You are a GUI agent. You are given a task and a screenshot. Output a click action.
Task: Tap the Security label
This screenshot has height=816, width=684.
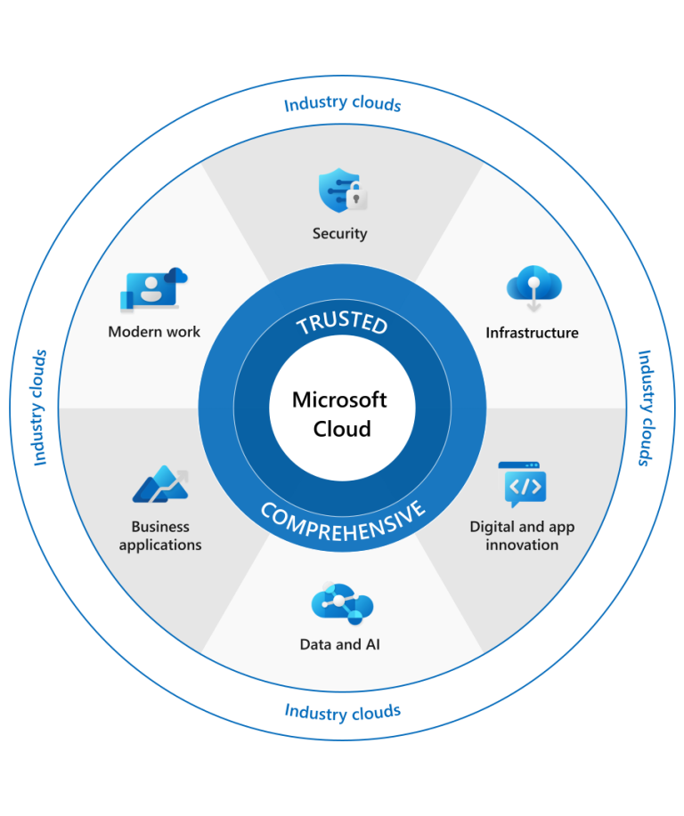click(x=339, y=234)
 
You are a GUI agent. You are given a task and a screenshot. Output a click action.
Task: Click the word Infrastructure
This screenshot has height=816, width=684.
click(x=532, y=333)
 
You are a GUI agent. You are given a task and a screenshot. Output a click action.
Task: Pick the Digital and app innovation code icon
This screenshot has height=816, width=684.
click(x=523, y=484)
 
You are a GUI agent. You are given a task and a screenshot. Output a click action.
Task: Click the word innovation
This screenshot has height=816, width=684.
click(x=522, y=545)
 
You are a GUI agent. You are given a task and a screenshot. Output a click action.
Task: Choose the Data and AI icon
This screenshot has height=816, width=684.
click(x=342, y=606)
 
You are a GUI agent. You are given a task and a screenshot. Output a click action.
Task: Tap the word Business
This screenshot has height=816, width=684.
click(x=160, y=527)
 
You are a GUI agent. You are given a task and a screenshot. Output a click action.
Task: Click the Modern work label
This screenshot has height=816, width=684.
click(x=154, y=332)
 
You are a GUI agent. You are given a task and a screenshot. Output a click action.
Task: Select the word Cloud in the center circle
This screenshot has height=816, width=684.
click(x=342, y=429)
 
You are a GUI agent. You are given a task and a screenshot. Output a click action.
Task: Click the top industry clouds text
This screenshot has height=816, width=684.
click(x=343, y=104)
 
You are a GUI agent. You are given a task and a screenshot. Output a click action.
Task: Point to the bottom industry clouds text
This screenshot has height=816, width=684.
click(x=343, y=712)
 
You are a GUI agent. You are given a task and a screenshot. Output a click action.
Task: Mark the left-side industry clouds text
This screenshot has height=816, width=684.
click(x=39, y=408)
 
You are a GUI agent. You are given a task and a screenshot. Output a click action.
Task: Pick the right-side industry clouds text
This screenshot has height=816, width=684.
click(x=645, y=408)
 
